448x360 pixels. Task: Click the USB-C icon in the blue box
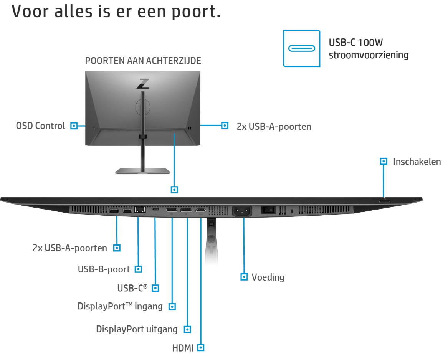301,49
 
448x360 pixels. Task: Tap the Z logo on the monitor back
143,84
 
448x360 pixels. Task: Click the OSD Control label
41,126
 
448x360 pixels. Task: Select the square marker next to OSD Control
74,126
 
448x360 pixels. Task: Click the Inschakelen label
417,162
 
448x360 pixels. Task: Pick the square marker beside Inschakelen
384,162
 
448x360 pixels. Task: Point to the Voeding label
268,277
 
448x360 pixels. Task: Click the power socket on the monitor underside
242,212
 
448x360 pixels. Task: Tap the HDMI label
183,348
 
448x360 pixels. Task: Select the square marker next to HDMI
201,348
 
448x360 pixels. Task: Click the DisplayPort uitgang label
137,329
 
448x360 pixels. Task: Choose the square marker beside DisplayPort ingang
172,307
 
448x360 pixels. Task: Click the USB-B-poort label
104,269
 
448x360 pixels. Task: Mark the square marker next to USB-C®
155,288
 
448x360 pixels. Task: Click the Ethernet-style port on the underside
140,210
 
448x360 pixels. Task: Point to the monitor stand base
143,171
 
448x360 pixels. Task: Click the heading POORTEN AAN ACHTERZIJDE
143,61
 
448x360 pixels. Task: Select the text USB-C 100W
356,43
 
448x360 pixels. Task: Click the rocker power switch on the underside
268,210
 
